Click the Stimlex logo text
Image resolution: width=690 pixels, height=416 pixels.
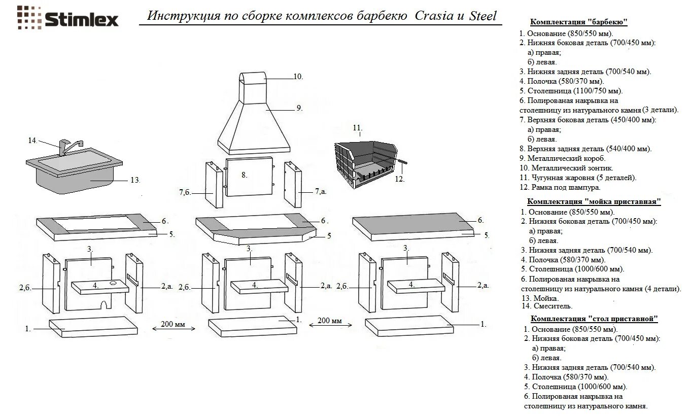[81, 19]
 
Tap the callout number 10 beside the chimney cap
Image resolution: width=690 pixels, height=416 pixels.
[298, 77]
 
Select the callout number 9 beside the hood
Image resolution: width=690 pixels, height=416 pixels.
[299, 108]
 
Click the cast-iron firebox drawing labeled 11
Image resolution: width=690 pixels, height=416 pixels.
[364, 162]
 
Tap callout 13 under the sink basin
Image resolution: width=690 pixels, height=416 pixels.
[134, 180]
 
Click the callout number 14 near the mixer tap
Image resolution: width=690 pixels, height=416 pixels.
[32, 141]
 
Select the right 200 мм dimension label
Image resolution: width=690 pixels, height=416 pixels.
[329, 321]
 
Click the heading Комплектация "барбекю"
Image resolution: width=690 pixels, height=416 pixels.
[578, 22]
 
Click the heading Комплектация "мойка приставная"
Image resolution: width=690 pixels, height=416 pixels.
[594, 201]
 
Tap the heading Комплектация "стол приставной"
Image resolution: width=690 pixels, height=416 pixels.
[594, 319]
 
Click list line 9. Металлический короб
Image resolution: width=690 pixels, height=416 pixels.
[563, 158]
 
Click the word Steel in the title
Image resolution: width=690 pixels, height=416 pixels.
[482, 16]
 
